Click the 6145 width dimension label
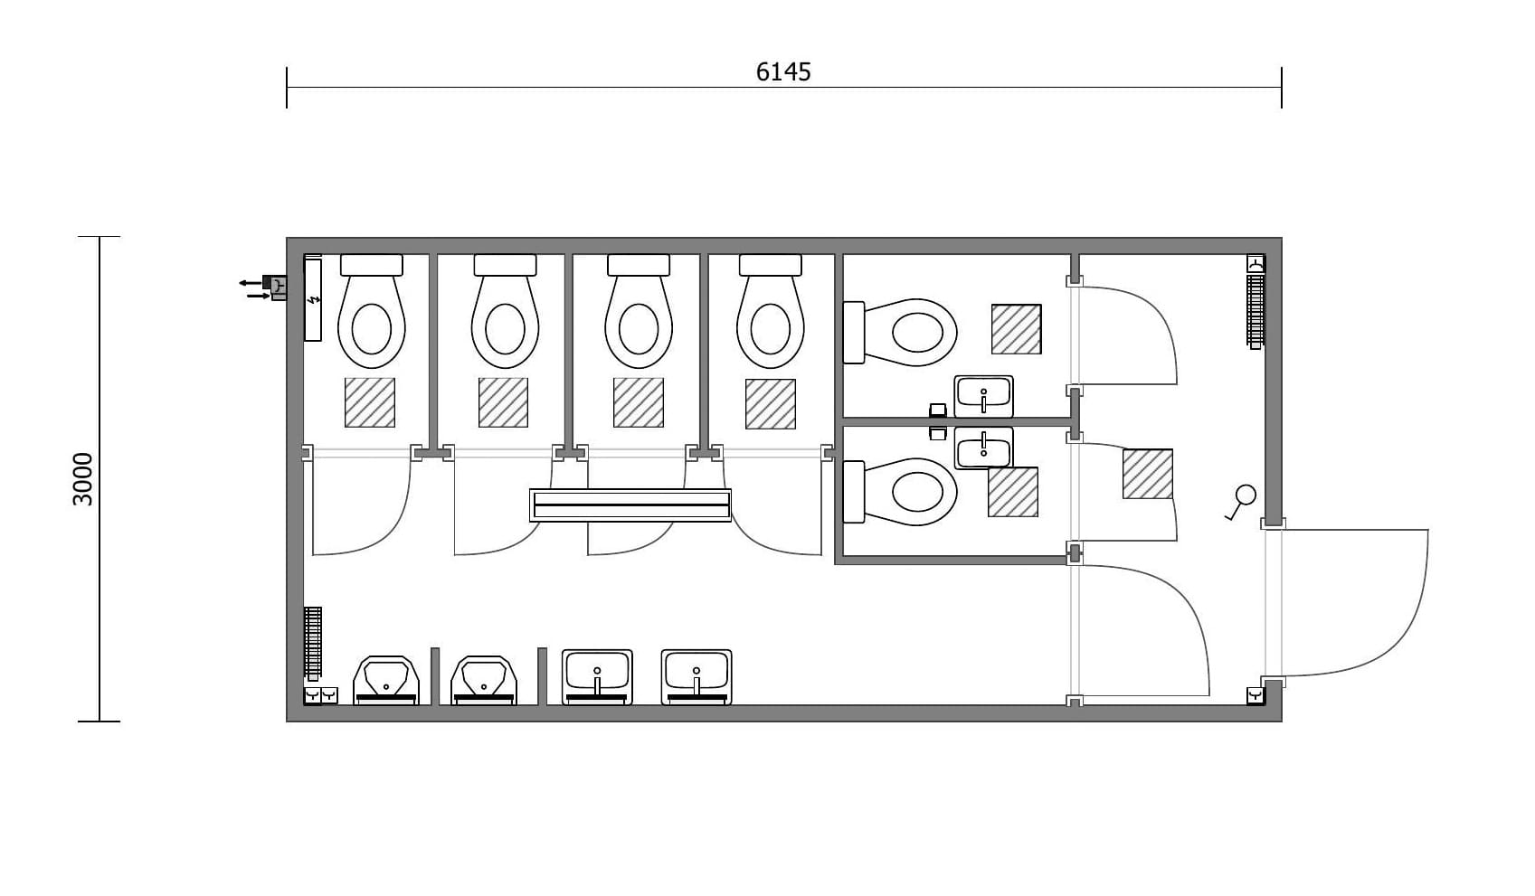[783, 72]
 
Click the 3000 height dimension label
[82, 479]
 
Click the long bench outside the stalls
[630, 505]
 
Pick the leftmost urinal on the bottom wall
[386, 680]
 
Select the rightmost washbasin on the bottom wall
[696, 676]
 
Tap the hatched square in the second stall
[503, 402]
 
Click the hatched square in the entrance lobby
[1148, 474]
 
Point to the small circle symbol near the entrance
[1246, 495]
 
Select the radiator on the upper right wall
[1255, 310]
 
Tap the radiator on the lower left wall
[313, 643]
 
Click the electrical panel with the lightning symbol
[313, 299]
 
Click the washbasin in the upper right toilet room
[983, 396]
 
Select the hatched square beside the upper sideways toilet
[1016, 329]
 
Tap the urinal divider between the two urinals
[435, 675]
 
